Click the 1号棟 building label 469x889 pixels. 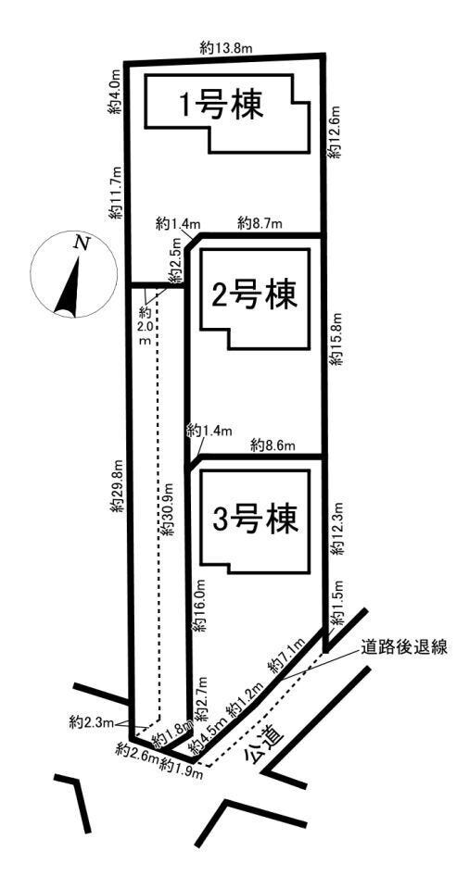coord(222,106)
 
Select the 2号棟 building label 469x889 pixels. coord(254,294)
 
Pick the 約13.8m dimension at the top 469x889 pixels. coord(226,48)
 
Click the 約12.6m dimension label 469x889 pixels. coord(336,131)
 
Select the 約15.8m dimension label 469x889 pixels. coord(337,339)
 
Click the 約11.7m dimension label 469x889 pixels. coord(117,193)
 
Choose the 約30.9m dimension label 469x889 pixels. coord(167,509)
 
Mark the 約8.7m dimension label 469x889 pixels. coord(260,223)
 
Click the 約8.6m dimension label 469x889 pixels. coord(273,445)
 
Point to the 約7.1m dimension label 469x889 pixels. coord(288,655)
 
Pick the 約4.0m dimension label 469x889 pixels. coord(115,92)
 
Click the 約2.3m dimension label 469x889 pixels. coord(92,722)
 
